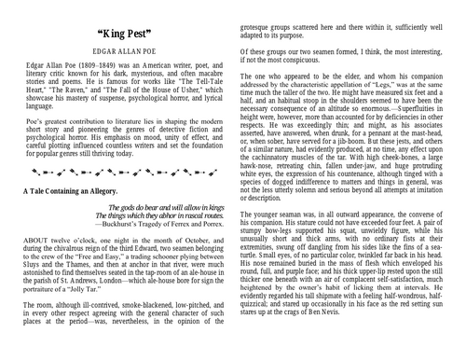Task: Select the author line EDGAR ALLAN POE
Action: coord(117,53)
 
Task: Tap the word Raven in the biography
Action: coord(75,89)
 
